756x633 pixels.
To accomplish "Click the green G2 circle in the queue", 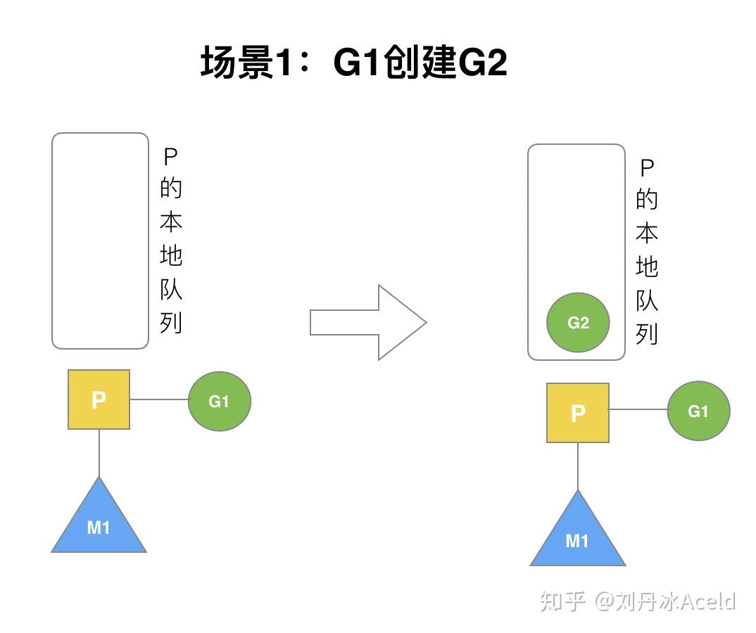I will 578,323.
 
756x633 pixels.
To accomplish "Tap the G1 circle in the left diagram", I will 219,401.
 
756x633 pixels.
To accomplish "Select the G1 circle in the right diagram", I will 698,411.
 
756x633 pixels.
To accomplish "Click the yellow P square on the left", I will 99,399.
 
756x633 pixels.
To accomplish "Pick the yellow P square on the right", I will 577,412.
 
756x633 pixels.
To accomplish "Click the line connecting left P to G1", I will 159,399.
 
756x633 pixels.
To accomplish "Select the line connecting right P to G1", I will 638,409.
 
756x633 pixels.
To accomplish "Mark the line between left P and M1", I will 99,453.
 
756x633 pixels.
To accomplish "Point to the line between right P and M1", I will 577,466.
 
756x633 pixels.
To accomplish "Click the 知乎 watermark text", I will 562,601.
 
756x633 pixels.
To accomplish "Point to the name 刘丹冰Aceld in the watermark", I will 676,601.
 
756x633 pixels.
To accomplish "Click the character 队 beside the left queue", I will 171,289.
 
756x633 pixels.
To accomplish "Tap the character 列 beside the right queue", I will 647,334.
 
